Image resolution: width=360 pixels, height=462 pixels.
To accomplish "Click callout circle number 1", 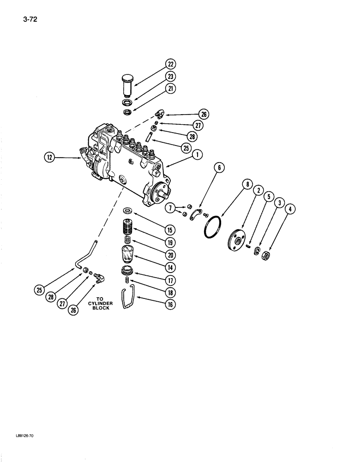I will click(197, 155).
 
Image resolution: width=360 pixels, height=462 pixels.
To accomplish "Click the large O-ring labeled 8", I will click(214, 227).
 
